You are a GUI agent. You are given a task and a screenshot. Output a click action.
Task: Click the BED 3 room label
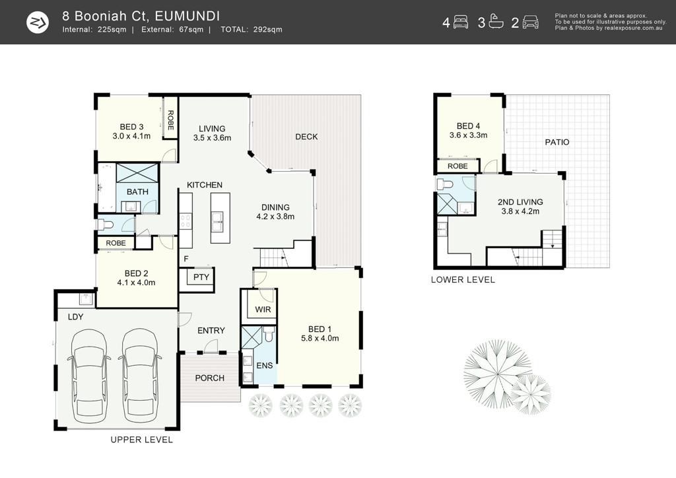131,127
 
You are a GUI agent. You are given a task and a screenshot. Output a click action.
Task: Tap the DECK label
306,137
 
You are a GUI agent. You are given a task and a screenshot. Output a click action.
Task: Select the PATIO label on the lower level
557,142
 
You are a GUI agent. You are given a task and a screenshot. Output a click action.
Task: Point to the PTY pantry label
201,277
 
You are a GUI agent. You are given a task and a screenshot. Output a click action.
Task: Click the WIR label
263,310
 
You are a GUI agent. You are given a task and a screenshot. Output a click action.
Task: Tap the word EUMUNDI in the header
187,16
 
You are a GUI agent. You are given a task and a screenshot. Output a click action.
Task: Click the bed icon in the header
461,22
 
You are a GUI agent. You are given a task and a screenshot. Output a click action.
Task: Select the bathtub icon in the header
496,22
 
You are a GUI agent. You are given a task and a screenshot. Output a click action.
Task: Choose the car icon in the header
531,22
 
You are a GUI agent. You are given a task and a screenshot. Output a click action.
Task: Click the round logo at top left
38,22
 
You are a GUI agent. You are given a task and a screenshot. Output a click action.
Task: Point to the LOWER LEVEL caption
463,280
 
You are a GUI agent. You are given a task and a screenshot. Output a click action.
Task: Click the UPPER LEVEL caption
142,440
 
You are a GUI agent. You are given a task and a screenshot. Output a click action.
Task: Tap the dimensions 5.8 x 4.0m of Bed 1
320,338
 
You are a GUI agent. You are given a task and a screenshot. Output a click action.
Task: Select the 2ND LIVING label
520,202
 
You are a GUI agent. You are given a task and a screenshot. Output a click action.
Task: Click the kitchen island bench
220,218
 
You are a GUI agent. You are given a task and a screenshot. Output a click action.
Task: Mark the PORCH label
209,378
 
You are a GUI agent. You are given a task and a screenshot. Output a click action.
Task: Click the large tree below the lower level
497,372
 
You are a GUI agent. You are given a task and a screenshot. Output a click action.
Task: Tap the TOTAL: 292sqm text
252,30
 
